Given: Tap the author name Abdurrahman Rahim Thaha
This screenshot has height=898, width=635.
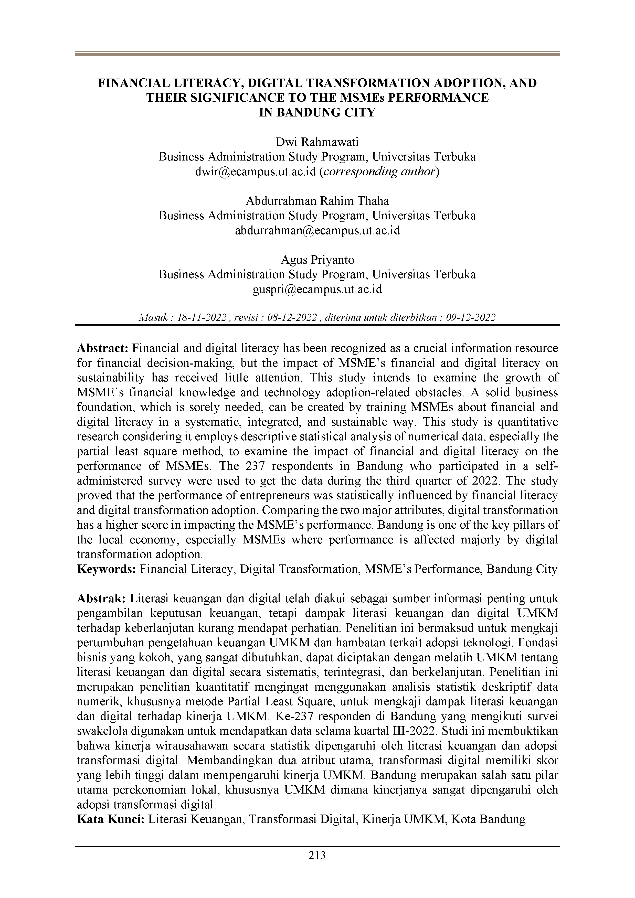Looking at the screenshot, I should click(317, 201).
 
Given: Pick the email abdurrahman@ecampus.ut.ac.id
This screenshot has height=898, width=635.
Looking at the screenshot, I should click(317, 230).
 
